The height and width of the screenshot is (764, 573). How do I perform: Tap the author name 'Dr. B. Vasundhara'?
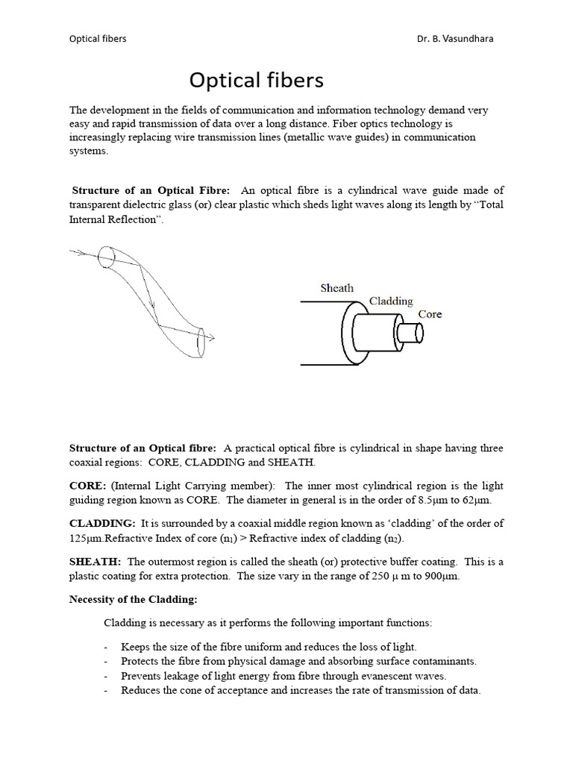coord(456,39)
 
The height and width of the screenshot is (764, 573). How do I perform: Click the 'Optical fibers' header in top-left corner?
coord(98,39)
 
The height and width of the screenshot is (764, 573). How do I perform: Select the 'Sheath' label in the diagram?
coord(336,288)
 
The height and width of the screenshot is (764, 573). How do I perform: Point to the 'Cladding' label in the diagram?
coord(391,301)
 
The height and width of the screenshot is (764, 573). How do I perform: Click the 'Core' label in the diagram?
coord(430,314)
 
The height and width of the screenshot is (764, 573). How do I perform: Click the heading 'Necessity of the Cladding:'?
coord(131,599)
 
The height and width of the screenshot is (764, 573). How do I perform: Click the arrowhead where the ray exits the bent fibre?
coord(210,338)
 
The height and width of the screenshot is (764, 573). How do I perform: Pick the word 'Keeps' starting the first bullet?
coord(135,646)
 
